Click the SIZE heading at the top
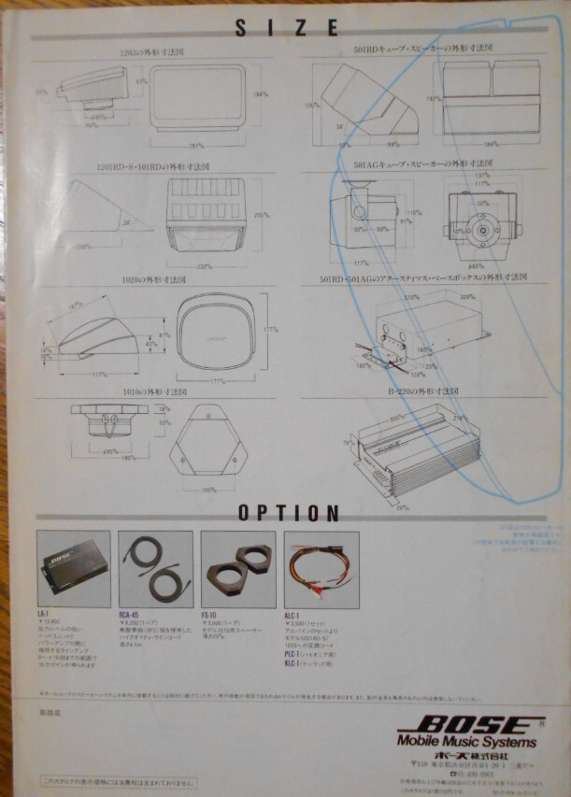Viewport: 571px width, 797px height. point(286,29)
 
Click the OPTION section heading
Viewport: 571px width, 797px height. point(288,512)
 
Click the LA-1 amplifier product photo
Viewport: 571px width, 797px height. point(73,569)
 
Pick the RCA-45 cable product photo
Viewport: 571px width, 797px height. point(155,569)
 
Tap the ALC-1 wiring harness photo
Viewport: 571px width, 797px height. point(321,569)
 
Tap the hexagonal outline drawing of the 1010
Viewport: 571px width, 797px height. point(209,448)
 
